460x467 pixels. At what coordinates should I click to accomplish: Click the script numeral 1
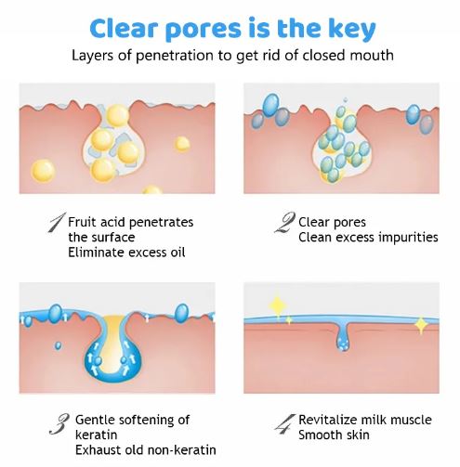[x=57, y=222]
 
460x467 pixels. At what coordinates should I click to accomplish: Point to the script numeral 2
[x=284, y=222]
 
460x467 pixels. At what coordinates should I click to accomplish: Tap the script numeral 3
[x=59, y=423]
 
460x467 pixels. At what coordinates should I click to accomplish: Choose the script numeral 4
[x=284, y=423]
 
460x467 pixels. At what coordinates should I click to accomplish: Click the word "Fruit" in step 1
[x=83, y=222]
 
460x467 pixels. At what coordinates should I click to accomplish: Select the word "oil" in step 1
[x=177, y=253]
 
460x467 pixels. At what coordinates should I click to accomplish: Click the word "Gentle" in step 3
[x=95, y=420]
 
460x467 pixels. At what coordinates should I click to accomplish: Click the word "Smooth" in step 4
[x=318, y=435]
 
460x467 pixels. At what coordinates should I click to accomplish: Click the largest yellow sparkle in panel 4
[x=278, y=306]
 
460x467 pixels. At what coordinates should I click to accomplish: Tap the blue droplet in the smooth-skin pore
[x=343, y=342]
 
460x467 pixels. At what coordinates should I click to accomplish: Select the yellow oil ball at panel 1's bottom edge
[x=152, y=189]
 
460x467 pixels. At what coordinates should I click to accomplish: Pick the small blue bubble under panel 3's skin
[x=58, y=345]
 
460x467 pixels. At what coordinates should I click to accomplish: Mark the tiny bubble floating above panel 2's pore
[x=346, y=99]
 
